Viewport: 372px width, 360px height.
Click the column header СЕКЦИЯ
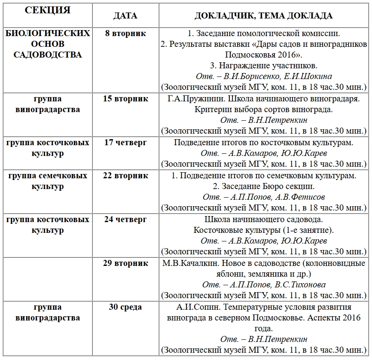[x=47, y=10]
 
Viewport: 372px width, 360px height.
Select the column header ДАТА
[x=125, y=15]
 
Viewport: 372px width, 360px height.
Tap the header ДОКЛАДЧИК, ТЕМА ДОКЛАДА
[x=264, y=15]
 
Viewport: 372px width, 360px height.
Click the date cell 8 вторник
[x=125, y=33]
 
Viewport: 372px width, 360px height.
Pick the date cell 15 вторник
[x=125, y=99]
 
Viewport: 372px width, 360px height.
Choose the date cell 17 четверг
[x=125, y=143]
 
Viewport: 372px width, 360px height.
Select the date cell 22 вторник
[x=125, y=175]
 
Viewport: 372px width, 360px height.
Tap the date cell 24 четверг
[x=125, y=220]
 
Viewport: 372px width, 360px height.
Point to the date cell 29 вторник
[x=125, y=263]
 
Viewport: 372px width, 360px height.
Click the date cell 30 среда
[x=125, y=307]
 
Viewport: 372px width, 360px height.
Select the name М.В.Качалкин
[x=186, y=263]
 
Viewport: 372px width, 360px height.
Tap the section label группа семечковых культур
[x=47, y=181]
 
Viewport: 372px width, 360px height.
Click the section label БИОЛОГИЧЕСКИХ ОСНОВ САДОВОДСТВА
[x=47, y=44]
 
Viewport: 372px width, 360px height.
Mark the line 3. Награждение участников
[x=264, y=66]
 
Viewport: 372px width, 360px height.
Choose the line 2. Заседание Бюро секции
[x=264, y=186]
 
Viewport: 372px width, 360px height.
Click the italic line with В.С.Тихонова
[x=264, y=285]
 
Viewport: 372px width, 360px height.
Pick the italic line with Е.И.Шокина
[x=264, y=76]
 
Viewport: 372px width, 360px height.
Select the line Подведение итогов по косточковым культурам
[x=264, y=143]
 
